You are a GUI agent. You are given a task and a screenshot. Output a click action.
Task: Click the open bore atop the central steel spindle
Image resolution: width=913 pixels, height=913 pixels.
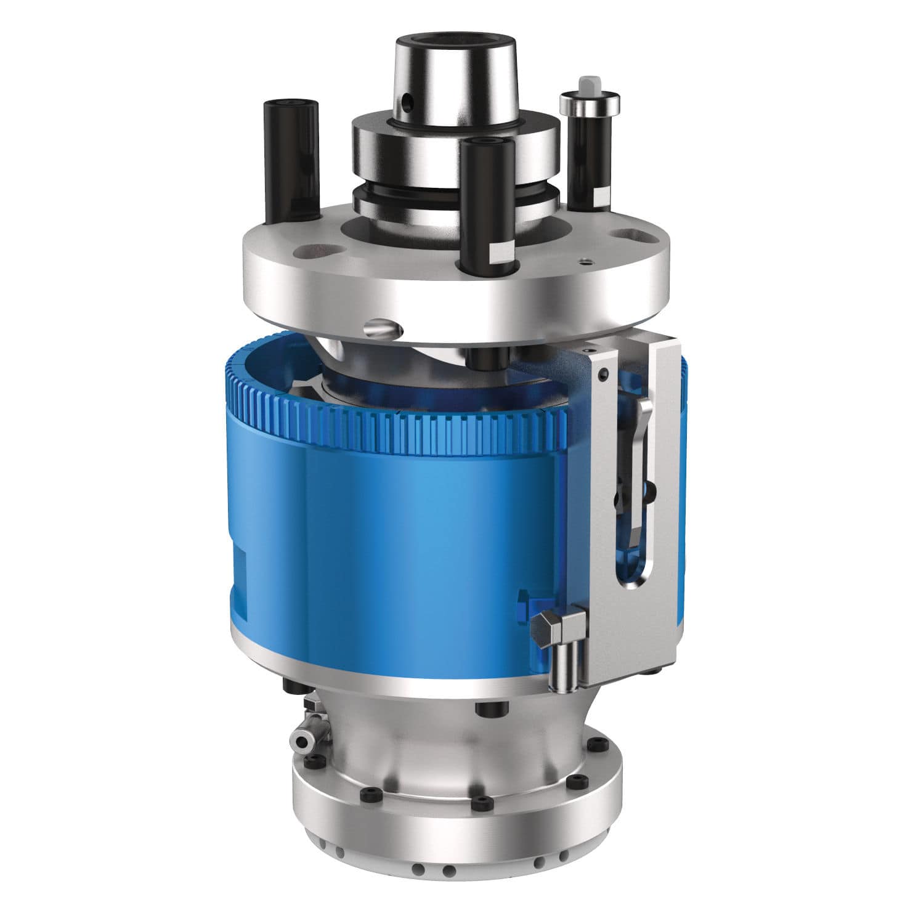[454, 44]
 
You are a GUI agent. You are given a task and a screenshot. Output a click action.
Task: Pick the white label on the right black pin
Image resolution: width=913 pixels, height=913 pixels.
[601, 199]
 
